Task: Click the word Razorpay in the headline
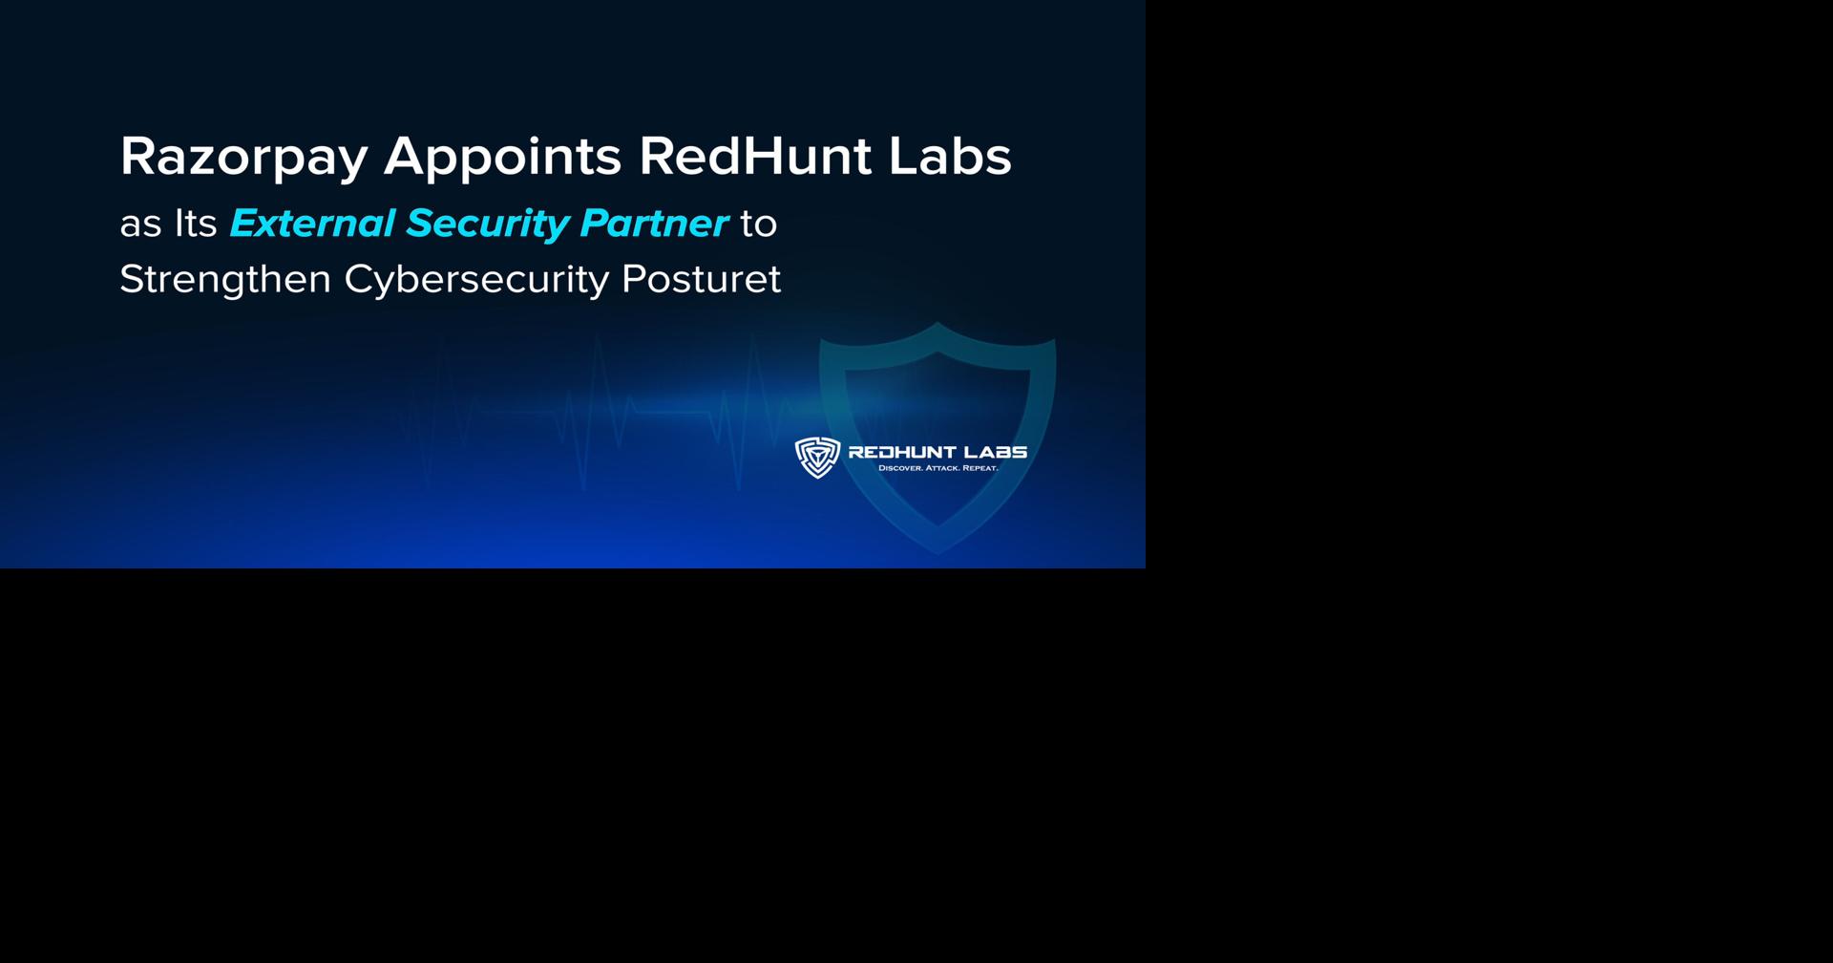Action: [x=243, y=157]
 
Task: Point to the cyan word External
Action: [x=312, y=224]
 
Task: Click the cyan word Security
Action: [x=487, y=224]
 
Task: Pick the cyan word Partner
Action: [x=654, y=224]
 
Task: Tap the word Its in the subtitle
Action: [x=195, y=224]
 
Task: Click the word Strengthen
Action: [x=225, y=280]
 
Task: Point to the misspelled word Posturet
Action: [x=701, y=279]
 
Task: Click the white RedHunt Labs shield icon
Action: [x=817, y=458]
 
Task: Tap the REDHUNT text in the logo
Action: [x=902, y=452]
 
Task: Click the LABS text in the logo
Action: [x=996, y=452]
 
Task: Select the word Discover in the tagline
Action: [x=899, y=468]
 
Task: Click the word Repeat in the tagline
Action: [x=980, y=468]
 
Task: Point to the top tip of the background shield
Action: [x=938, y=325]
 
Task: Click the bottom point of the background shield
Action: [x=938, y=550]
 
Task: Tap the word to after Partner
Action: [x=759, y=224]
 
